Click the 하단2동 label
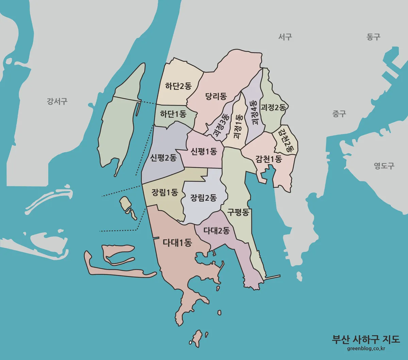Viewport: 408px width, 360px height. [178, 86]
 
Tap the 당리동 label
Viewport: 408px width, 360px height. [216, 96]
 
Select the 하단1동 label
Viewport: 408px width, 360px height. [173, 114]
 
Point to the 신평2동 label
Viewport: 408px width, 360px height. [164, 158]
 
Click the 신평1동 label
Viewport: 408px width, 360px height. [204, 151]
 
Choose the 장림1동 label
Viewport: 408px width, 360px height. [165, 192]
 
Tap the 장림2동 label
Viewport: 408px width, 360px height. [204, 198]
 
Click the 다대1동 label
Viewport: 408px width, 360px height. [177, 243]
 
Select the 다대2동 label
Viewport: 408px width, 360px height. [217, 230]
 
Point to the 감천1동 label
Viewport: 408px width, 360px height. [269, 159]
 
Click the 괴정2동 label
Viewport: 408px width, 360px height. [273, 107]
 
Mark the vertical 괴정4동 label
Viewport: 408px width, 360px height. [254, 112]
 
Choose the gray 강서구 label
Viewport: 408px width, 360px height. [57, 101]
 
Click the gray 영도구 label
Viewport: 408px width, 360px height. [384, 166]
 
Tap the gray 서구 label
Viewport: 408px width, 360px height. [285, 37]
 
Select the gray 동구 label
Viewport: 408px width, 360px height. [373, 37]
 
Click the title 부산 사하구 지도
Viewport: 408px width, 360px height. [366, 339]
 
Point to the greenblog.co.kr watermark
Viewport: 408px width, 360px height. [366, 348]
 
